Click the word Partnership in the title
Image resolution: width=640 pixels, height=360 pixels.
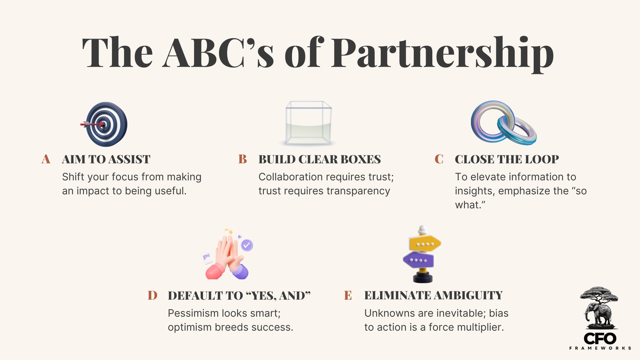click(x=442, y=53)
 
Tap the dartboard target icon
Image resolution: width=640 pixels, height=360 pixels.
click(x=106, y=124)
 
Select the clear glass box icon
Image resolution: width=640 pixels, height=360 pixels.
click(x=308, y=123)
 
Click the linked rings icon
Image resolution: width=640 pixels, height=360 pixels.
click(x=503, y=123)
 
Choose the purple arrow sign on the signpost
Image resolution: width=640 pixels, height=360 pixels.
click(x=419, y=260)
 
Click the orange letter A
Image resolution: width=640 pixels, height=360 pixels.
click(x=46, y=159)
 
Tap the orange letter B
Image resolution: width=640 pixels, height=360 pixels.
click(x=243, y=159)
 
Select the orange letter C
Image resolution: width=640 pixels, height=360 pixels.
click(x=439, y=159)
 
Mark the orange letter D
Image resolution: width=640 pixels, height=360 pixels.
click(x=152, y=295)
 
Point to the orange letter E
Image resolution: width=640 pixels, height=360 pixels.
click(x=348, y=295)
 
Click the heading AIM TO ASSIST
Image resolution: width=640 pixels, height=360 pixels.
click(x=106, y=159)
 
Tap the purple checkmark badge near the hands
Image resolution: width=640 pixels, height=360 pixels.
click(x=247, y=245)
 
